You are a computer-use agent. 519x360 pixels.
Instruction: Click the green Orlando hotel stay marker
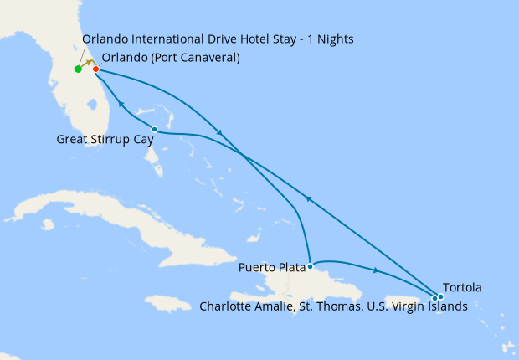click(78, 69)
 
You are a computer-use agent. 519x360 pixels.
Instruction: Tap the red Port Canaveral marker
click(96, 69)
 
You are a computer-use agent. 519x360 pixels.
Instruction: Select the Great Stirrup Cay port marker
click(154, 129)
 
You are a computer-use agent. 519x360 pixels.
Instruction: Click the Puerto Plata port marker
click(311, 266)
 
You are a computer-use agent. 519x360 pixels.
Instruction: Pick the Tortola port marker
click(440, 296)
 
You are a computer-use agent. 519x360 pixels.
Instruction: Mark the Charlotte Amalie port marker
click(434, 297)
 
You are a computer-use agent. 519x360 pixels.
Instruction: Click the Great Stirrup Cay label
click(104, 140)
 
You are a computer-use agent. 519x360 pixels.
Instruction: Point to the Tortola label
click(464, 288)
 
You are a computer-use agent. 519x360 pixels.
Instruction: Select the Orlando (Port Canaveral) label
click(171, 58)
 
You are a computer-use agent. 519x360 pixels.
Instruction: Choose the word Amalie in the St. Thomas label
click(280, 306)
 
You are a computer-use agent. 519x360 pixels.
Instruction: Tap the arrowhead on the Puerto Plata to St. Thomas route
click(377, 270)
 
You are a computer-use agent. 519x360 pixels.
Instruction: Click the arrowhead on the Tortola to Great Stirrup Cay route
click(309, 198)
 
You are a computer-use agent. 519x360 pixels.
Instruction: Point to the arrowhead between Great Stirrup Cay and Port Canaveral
click(121, 105)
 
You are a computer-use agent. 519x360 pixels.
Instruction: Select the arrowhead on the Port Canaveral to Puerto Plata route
click(219, 133)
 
